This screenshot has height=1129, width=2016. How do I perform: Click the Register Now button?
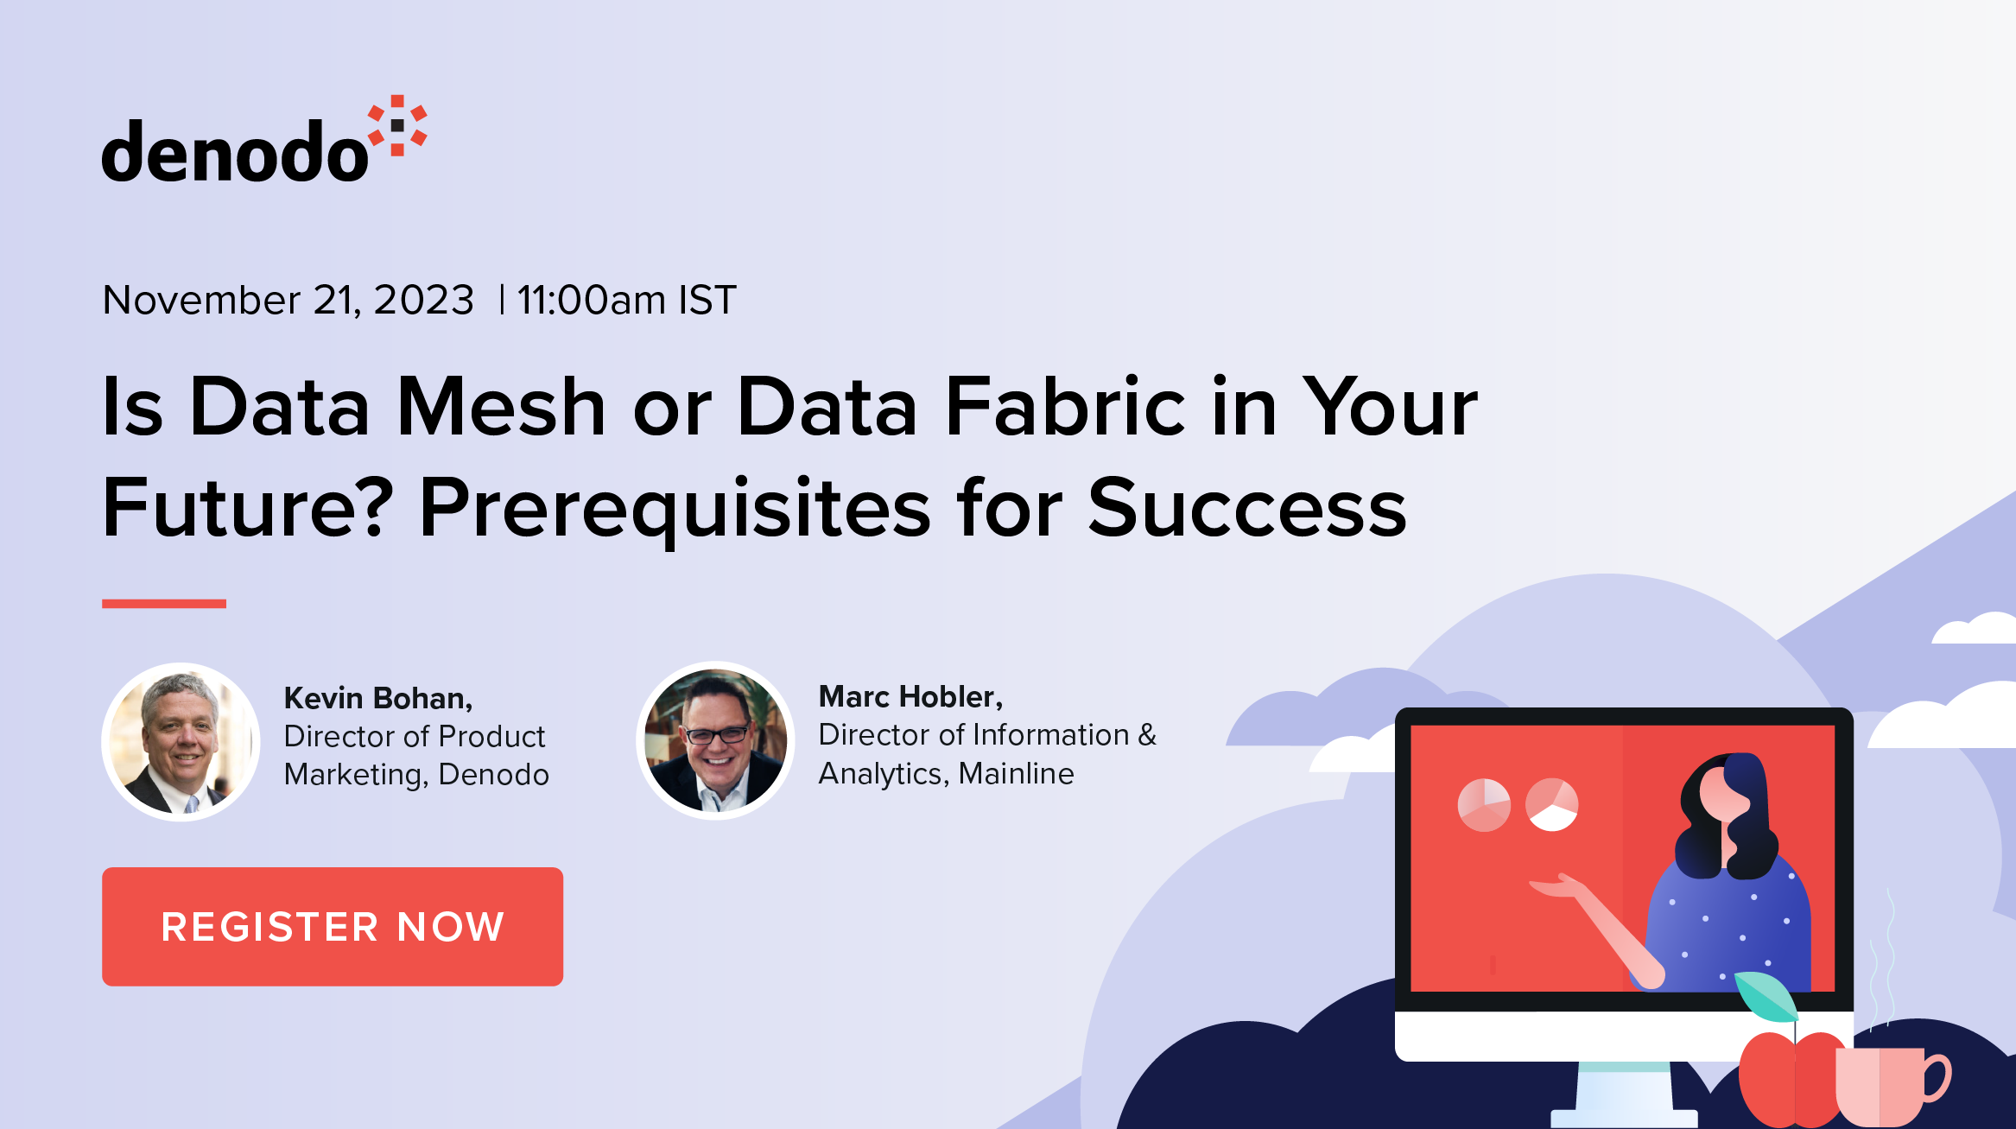pos(333,926)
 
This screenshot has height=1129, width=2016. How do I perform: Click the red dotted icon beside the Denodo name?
pos(397,126)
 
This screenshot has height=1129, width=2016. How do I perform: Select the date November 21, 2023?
pos(288,301)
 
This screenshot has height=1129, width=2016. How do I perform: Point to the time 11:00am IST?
pos(626,301)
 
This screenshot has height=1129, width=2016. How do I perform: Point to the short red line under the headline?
pos(164,604)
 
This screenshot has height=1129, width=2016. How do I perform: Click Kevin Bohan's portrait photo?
pos(181,741)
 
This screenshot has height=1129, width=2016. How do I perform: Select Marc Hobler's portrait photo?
pos(715,740)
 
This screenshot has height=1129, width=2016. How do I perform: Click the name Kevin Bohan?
pos(377,698)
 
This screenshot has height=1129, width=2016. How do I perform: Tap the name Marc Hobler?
pos(910,696)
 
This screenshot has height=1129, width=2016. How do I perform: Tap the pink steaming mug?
pos(1887,1084)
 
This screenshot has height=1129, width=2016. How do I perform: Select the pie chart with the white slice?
pos(1551,804)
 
